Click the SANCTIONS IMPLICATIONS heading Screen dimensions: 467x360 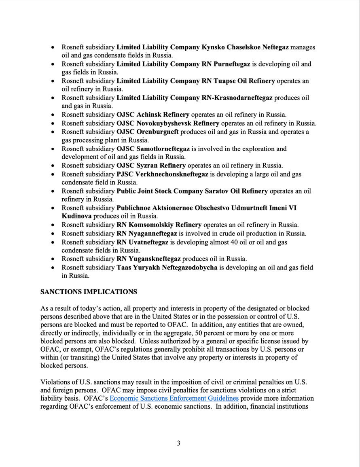89,292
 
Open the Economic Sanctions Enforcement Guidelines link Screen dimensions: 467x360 174,398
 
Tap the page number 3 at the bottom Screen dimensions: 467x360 178,443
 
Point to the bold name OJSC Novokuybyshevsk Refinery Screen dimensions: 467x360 168,123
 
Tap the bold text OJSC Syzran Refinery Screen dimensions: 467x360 151,166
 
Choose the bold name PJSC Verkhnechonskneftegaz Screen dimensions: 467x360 162,174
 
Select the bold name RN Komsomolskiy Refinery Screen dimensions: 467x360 159,225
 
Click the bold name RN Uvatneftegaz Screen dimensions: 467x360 142,242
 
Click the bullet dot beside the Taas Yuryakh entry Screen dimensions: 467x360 53,267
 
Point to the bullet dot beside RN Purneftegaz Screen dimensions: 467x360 53,64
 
